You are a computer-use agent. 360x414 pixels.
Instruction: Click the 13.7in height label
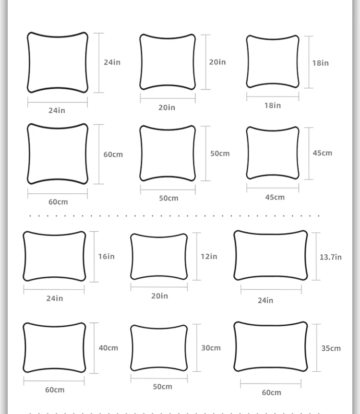coord(331,257)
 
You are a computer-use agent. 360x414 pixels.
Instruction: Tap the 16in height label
coord(107,256)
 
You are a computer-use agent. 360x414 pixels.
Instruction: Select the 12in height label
coord(209,256)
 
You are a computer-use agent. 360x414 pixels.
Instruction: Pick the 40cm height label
coord(108,348)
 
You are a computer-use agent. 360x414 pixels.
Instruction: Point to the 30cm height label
coord(211,348)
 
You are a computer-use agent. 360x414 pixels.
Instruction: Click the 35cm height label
coord(331,348)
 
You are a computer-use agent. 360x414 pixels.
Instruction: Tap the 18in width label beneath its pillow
coord(273,106)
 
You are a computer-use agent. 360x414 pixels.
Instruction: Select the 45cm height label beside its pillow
coord(322,153)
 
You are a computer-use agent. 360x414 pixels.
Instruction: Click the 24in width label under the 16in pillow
coord(55,298)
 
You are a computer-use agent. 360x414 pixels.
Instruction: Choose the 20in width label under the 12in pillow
coord(160,296)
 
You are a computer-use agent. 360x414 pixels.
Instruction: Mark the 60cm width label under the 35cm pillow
coord(272,392)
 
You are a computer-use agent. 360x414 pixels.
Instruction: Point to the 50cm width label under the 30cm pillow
coord(163,387)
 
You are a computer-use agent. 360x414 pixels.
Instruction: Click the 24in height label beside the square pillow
coord(112,62)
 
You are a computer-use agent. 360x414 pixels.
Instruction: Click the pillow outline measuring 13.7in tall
coord(271,255)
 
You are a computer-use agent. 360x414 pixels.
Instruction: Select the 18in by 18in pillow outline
coord(273,62)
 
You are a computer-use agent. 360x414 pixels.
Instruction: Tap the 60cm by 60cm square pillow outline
coord(58,154)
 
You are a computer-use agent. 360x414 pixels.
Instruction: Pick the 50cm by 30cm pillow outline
coord(159,348)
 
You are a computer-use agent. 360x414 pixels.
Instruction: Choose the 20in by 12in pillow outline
coord(159,257)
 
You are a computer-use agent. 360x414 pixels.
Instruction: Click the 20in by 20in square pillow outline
coord(168,62)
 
